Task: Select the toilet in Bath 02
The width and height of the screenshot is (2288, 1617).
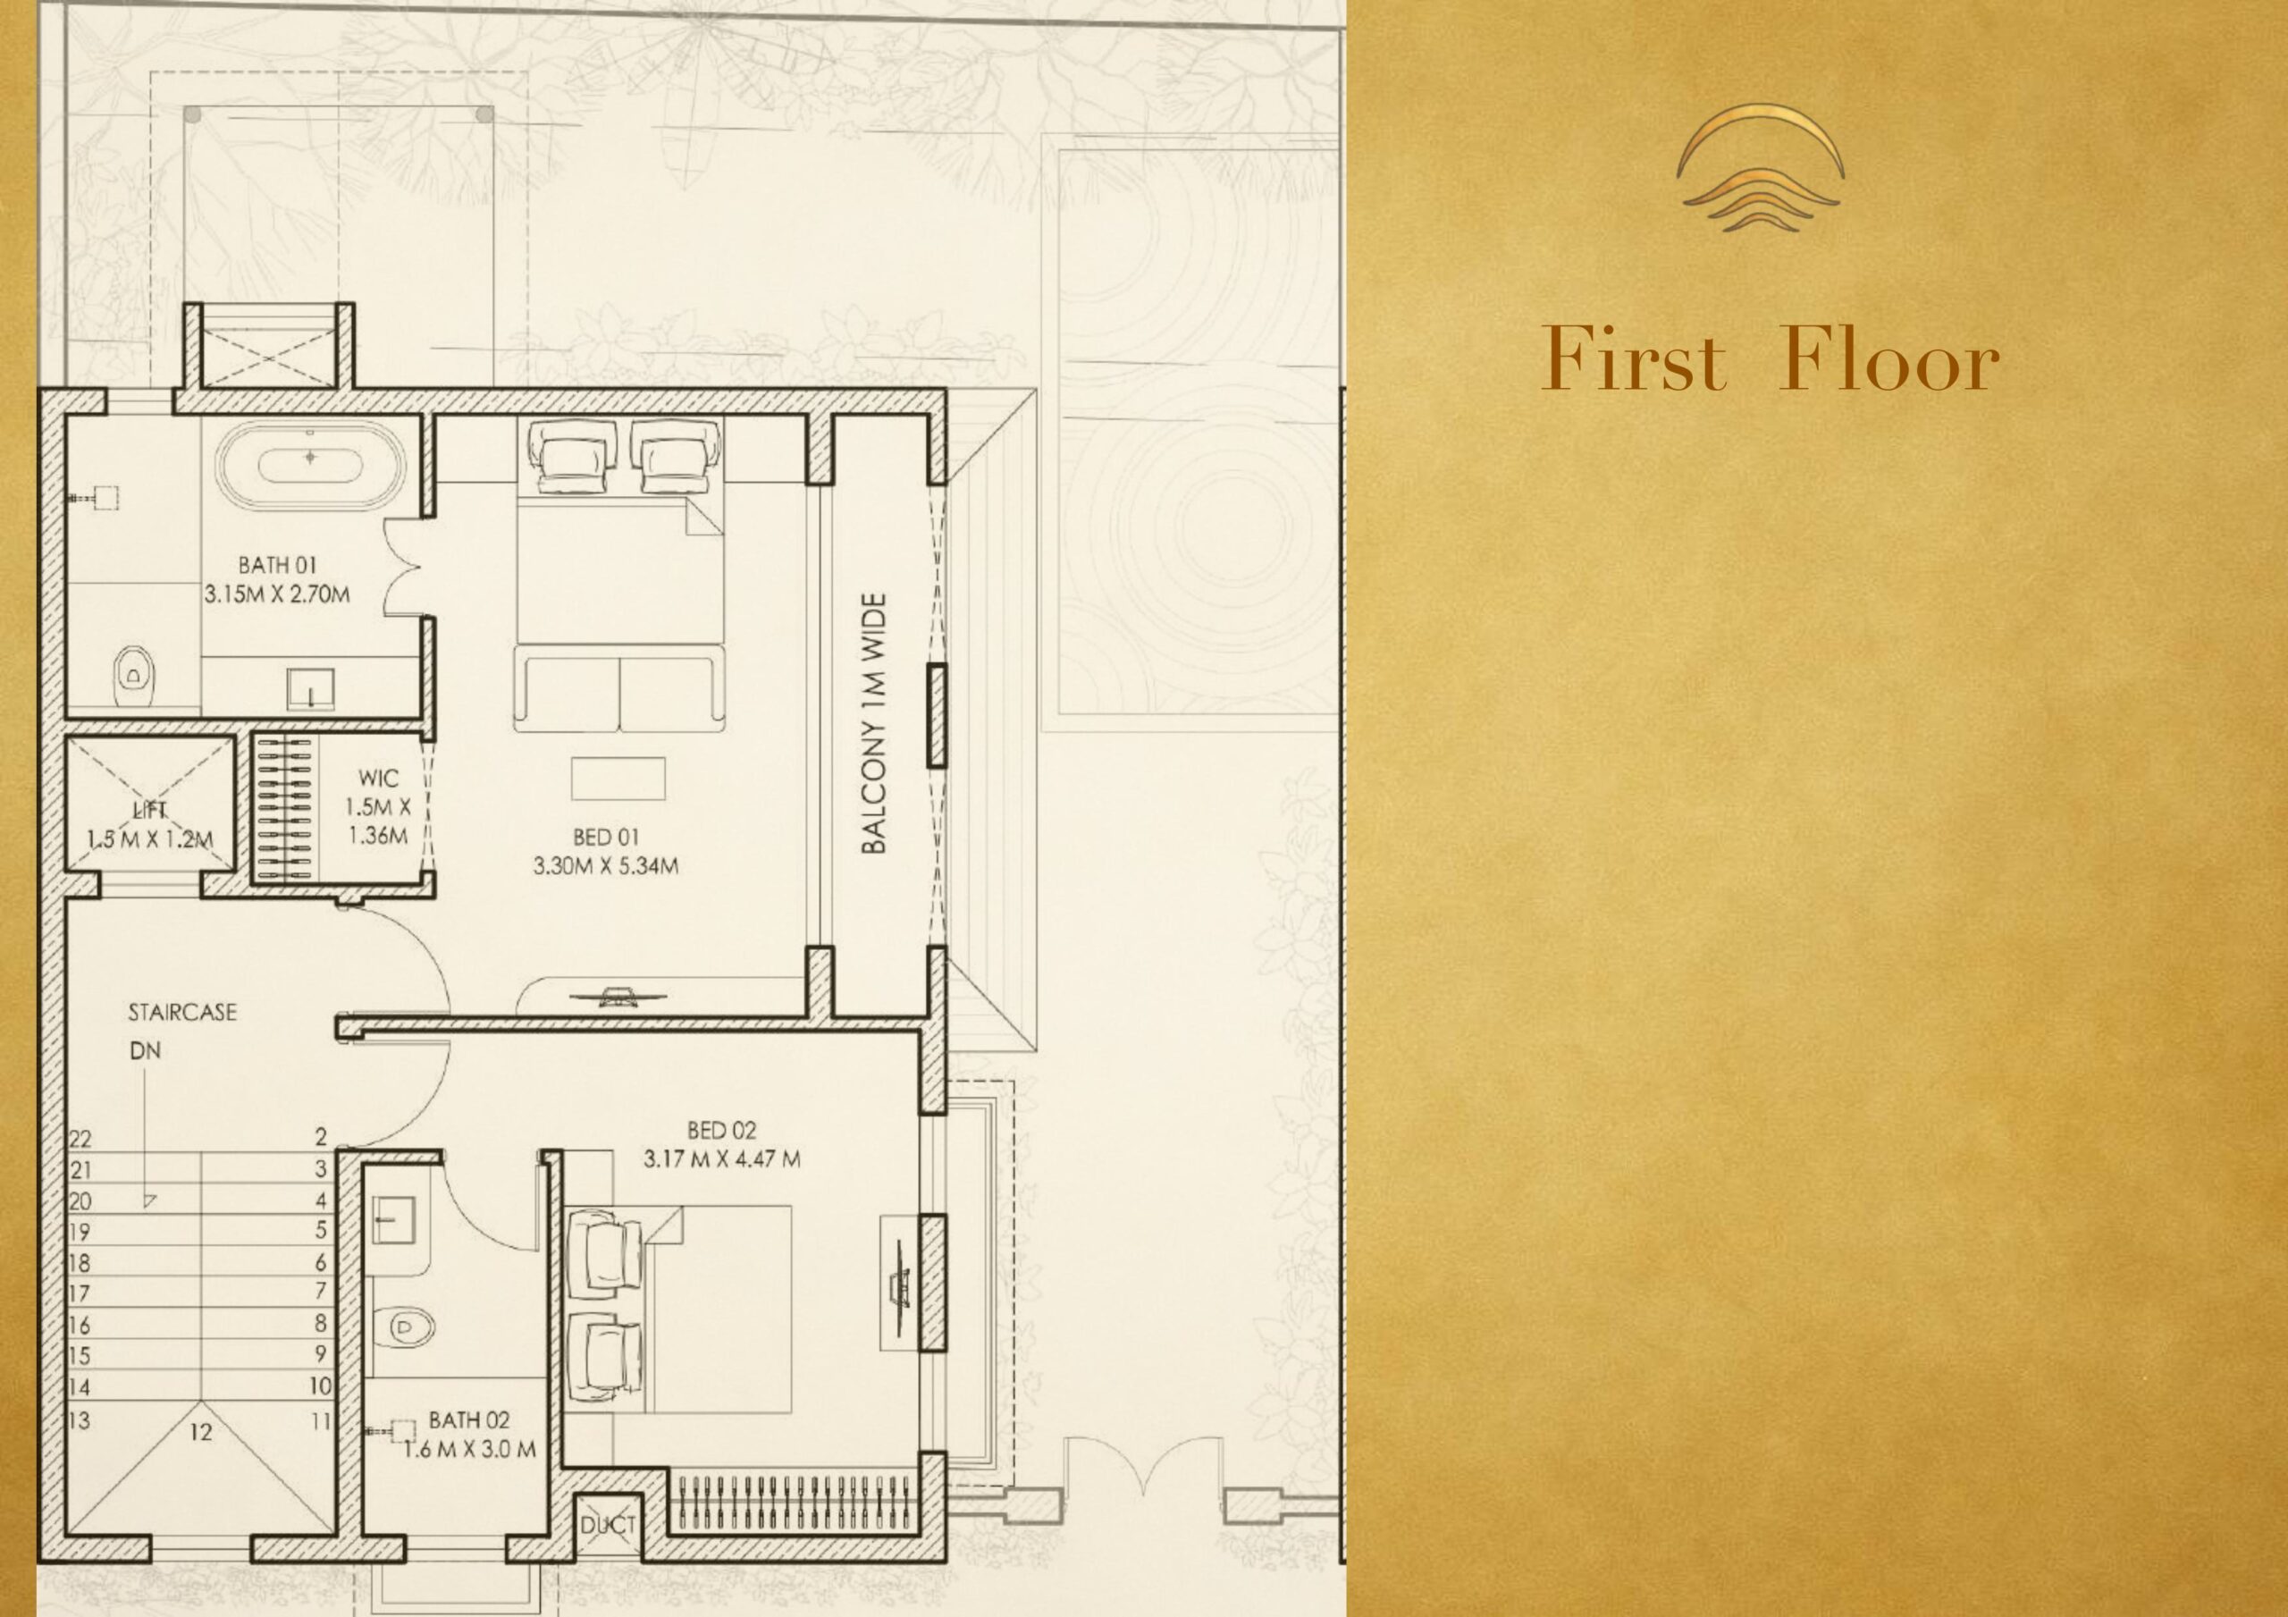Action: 408,1325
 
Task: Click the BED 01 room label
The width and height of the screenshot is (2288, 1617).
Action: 605,838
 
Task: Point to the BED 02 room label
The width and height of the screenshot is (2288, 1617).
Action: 721,1131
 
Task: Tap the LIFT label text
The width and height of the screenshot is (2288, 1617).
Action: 149,811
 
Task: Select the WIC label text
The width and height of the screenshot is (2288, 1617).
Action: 379,779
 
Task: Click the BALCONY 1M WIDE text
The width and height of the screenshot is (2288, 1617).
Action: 873,724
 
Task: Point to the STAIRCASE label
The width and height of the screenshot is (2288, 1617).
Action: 182,1013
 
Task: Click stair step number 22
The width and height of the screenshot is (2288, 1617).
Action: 80,1139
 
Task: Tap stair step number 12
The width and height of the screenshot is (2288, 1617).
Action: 200,1433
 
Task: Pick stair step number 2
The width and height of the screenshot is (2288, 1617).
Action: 321,1136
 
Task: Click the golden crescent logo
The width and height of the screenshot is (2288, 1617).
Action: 1760,167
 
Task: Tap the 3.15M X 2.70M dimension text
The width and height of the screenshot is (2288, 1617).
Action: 277,595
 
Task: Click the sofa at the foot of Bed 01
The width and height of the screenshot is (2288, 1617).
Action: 618,689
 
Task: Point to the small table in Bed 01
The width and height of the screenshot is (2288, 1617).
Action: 618,778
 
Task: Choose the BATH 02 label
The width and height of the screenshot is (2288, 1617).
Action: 469,1419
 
